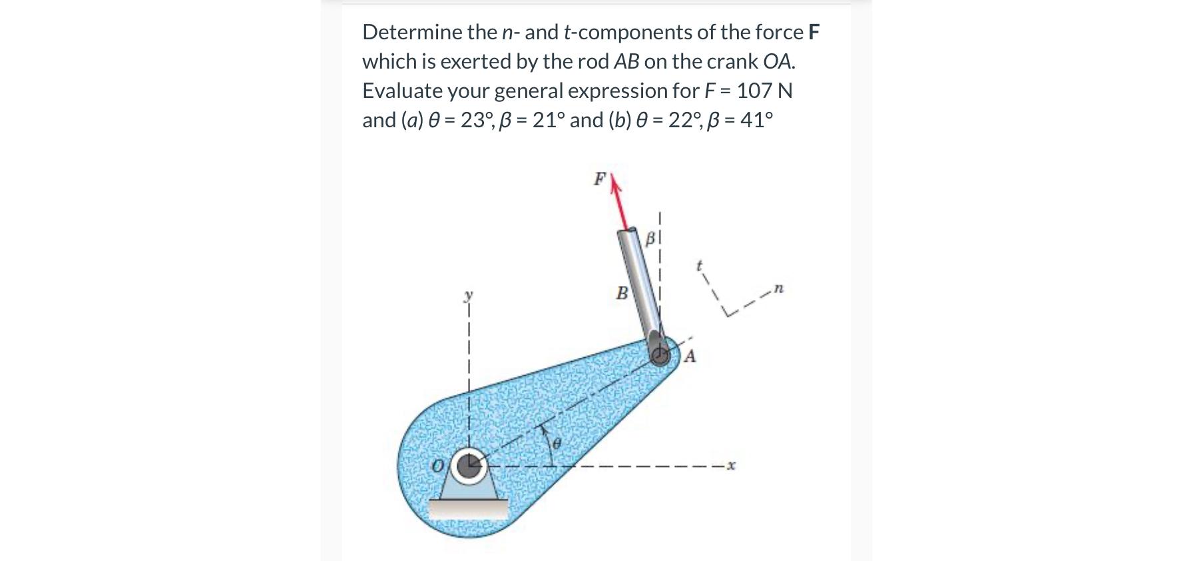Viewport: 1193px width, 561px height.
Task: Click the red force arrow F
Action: (620, 203)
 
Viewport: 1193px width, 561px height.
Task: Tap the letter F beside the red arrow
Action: (600, 179)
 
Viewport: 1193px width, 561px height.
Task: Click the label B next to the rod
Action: (622, 293)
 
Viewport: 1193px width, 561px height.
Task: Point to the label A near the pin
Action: (690, 357)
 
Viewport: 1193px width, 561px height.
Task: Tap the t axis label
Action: (699, 265)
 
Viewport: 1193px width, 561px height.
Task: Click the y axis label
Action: (468, 294)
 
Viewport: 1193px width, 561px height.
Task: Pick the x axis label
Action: (731, 465)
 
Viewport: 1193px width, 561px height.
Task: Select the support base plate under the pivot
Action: (467, 509)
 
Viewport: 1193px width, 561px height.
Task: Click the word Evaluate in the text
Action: (402, 91)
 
